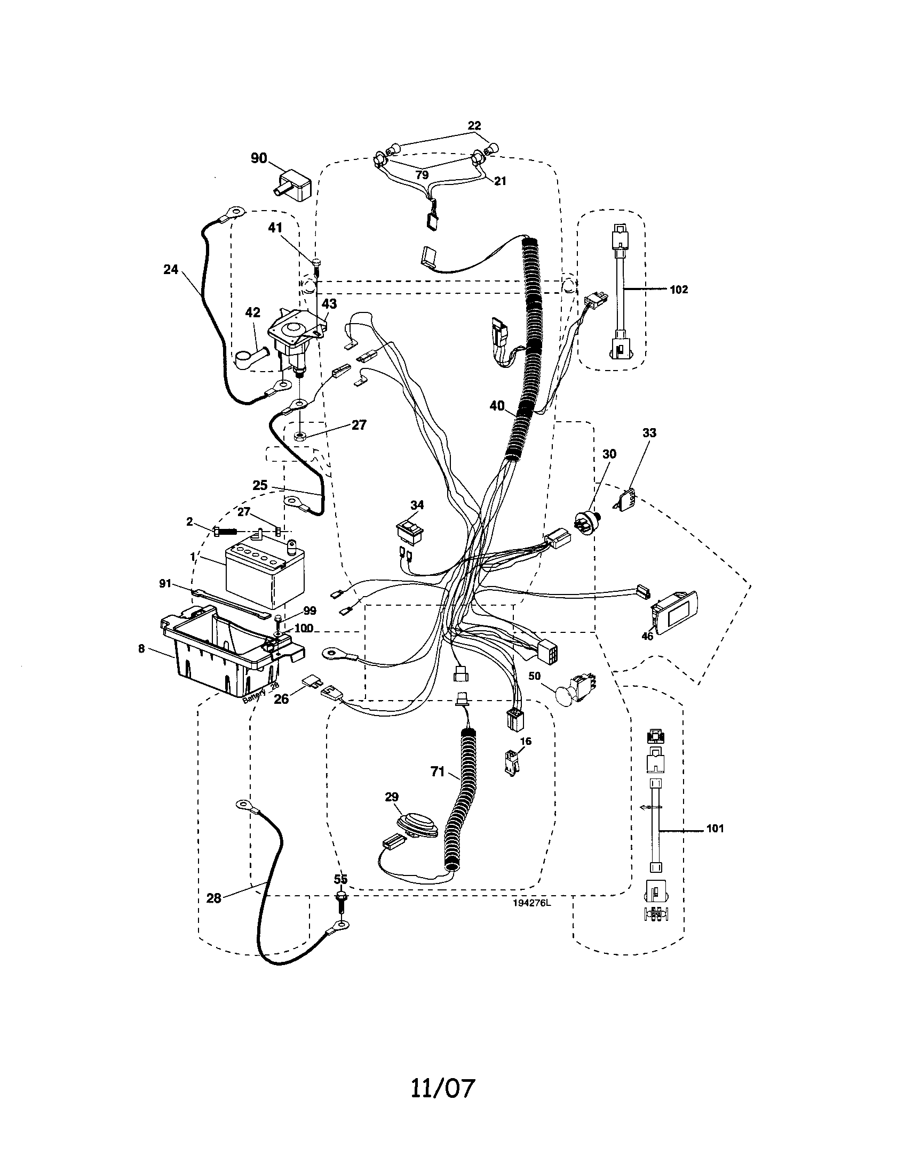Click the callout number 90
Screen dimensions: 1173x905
pos(259,158)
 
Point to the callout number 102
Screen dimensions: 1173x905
pos(679,290)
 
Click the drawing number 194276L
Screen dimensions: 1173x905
pos(531,903)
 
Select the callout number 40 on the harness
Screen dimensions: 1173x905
pos(497,406)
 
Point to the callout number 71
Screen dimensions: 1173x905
pos(438,772)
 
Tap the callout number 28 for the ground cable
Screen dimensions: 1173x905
pos(214,898)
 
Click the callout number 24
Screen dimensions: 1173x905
pos(170,270)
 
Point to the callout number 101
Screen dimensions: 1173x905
pos(715,829)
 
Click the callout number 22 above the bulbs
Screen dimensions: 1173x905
pos(474,126)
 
